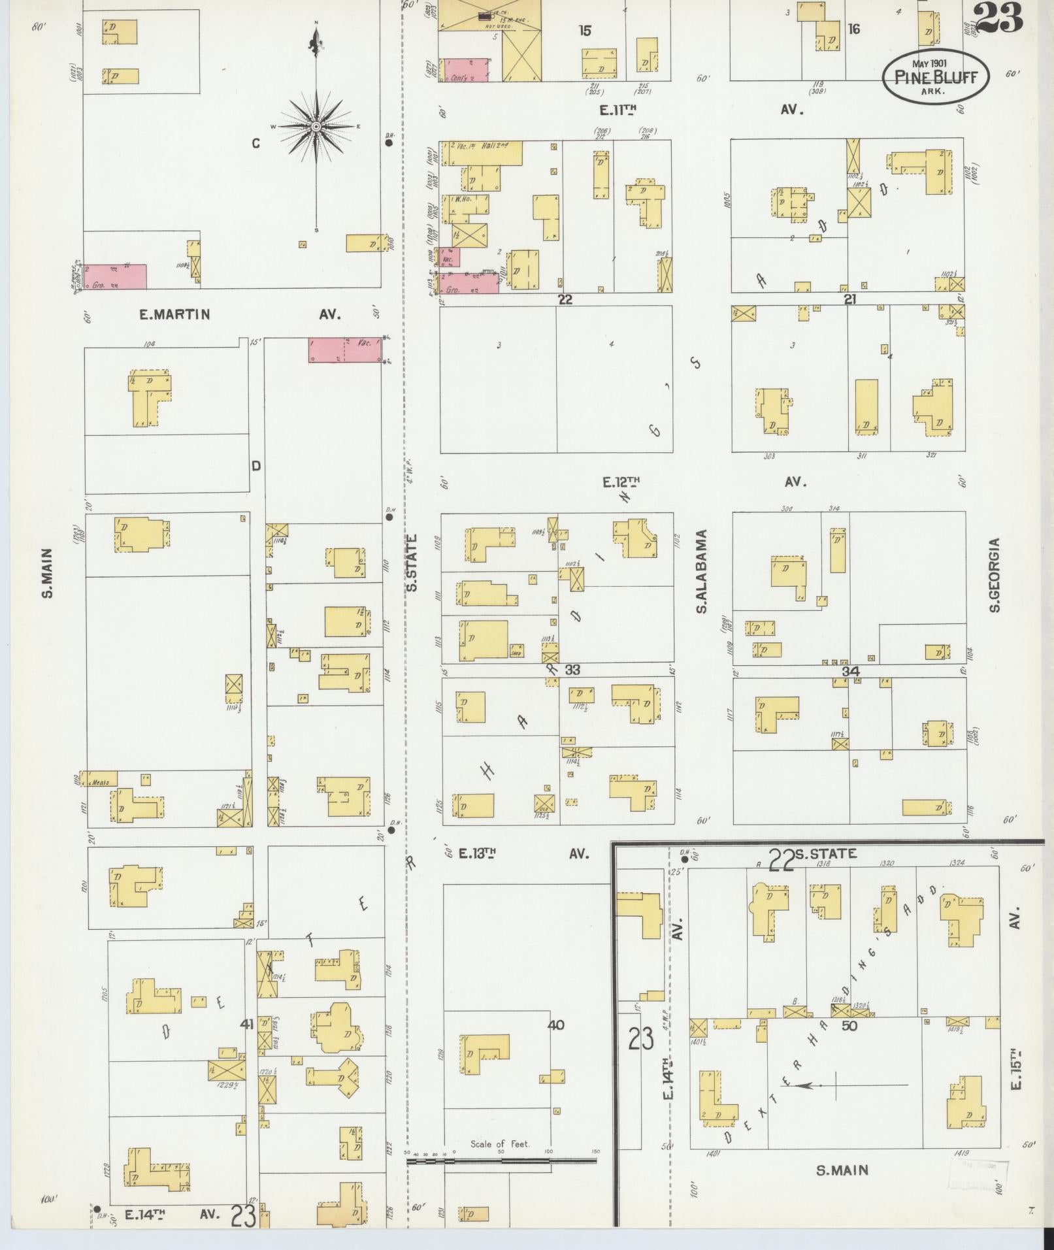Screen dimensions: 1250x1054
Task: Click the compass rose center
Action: click(x=316, y=126)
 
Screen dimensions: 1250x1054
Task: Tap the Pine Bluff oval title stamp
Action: click(x=936, y=76)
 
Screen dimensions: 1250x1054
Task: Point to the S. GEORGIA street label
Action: click(x=994, y=575)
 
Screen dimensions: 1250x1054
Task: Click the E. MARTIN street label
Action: click(x=174, y=314)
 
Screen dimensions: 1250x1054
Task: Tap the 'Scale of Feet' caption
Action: click(x=500, y=1143)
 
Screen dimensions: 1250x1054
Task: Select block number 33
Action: click(x=572, y=670)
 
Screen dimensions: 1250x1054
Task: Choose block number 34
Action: click(x=850, y=671)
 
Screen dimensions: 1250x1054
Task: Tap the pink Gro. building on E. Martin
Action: click(x=115, y=276)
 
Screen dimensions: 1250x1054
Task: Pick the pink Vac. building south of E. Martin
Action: click(x=344, y=350)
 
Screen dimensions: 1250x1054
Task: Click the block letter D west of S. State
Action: click(x=256, y=466)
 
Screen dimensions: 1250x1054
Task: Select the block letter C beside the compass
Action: click(x=255, y=144)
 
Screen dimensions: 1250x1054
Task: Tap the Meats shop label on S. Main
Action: click(x=99, y=782)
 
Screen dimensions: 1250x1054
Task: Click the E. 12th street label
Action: click(x=621, y=482)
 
